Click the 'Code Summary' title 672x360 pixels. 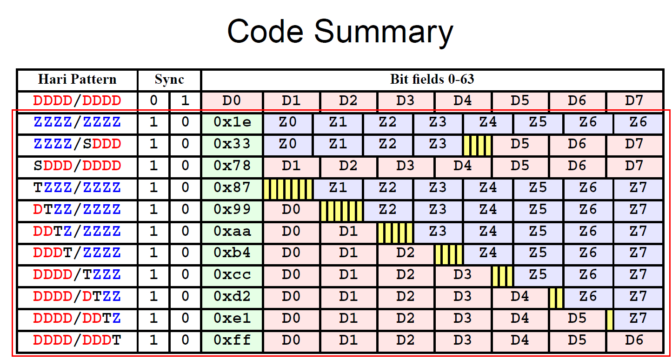340,32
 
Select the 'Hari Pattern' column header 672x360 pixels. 77,80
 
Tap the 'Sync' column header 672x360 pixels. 169,80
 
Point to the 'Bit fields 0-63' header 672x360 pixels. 432,80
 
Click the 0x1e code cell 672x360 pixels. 232,122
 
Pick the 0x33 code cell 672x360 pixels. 232,144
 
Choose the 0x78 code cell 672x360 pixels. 232,166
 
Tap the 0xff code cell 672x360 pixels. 232,340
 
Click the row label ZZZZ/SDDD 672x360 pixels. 77,144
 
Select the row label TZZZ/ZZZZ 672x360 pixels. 77,188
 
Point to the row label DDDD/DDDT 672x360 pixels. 77,340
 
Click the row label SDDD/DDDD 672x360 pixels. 77,166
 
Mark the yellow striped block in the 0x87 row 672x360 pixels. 288,189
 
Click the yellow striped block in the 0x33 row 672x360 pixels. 477,146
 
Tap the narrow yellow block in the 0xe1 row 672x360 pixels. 610,320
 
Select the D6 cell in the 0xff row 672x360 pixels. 634,340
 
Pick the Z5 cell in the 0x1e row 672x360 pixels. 538,122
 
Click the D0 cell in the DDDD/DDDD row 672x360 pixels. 232,101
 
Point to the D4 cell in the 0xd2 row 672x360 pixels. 520,297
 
